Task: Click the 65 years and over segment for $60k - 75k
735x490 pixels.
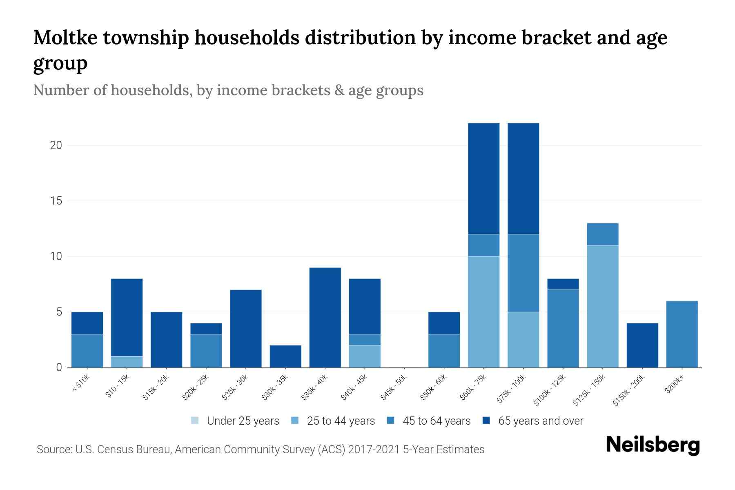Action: (x=483, y=178)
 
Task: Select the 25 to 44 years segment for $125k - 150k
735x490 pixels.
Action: (x=603, y=306)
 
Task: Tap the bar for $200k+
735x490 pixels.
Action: (x=682, y=334)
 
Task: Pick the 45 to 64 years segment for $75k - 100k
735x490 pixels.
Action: (x=523, y=273)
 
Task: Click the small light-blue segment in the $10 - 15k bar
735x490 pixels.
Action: (x=127, y=362)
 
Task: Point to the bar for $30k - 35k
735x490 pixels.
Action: (x=285, y=356)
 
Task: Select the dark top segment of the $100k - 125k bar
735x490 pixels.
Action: (x=563, y=284)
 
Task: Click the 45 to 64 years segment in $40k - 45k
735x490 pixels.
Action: (x=365, y=340)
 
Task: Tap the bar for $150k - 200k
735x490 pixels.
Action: (x=642, y=345)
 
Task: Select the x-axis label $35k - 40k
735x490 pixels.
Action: (x=314, y=389)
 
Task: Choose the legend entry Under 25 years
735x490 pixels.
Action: (x=243, y=421)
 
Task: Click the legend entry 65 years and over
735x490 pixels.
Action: (x=540, y=421)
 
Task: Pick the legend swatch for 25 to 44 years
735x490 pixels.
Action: (x=295, y=421)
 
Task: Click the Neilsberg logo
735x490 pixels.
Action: (x=653, y=445)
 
